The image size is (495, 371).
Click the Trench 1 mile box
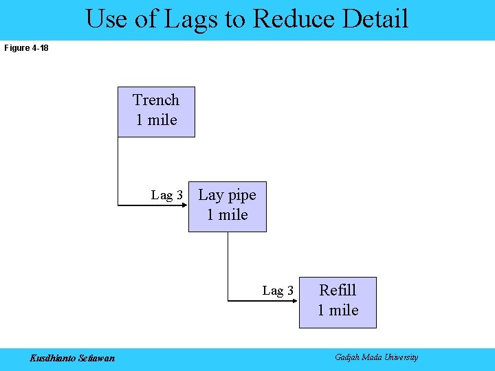(156, 111)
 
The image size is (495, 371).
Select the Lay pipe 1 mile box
(227, 206)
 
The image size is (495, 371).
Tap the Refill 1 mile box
(338, 302)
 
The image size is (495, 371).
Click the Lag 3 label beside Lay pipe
(167, 195)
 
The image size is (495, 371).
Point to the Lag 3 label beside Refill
(278, 291)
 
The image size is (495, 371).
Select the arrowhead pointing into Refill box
(295, 300)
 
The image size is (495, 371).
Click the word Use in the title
(107, 19)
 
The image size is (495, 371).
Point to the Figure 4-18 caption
(26, 48)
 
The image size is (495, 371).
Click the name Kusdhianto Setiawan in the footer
(72, 357)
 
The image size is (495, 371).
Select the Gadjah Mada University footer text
(376, 357)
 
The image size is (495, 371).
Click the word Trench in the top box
(156, 100)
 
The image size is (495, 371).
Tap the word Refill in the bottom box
(338, 291)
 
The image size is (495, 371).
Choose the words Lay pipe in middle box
(227, 195)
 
